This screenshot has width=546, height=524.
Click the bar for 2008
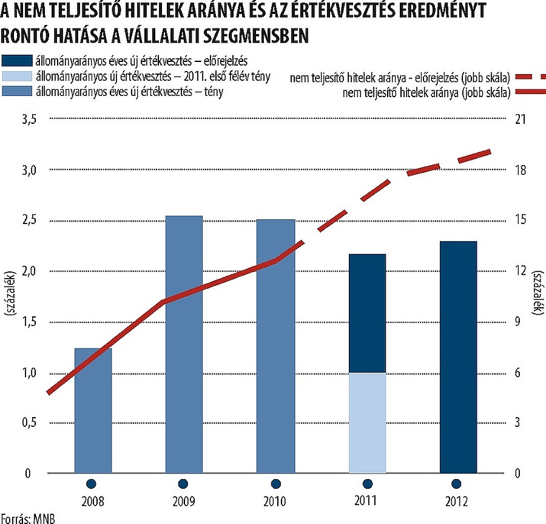[x=93, y=410]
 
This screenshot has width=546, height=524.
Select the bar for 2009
[x=184, y=344]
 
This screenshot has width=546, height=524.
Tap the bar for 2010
[x=275, y=346]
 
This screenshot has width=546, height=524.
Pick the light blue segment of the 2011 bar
[x=367, y=423]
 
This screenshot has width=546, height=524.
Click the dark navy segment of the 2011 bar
[x=367, y=313]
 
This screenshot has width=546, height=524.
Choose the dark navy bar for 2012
[x=458, y=357]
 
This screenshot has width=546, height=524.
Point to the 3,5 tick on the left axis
[x=29, y=120]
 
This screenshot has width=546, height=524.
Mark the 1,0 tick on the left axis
[x=29, y=372]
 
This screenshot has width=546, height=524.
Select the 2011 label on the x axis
[x=367, y=502]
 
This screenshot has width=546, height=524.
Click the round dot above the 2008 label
[x=92, y=484]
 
